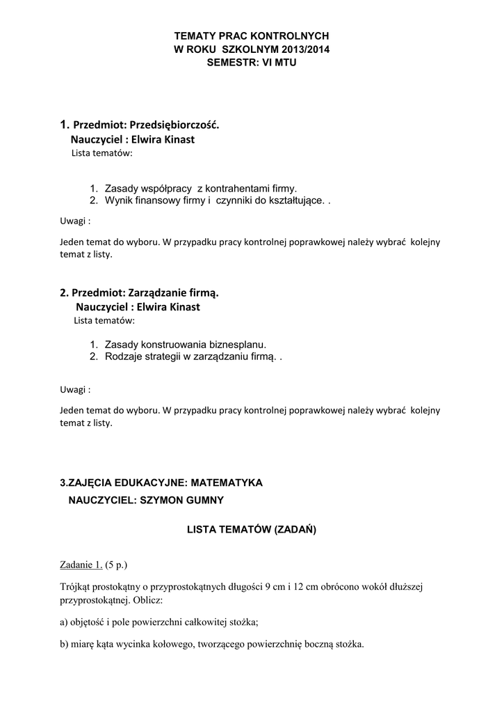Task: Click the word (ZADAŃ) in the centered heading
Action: point(296,530)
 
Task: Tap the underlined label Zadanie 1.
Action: point(80,564)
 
